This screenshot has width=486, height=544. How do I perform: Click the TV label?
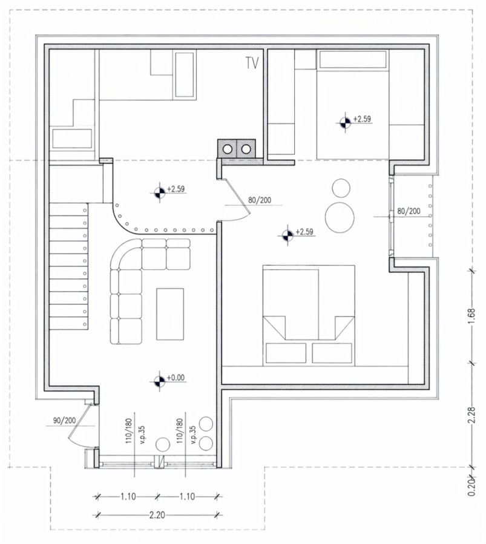[x=252, y=63]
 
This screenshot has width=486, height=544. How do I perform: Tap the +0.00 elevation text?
[x=176, y=378]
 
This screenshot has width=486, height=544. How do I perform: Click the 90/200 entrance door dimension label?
[x=65, y=421]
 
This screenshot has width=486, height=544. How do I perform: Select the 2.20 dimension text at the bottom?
[x=157, y=515]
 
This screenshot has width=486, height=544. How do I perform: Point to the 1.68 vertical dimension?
[x=471, y=316]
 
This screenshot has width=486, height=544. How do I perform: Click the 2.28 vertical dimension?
[x=471, y=415]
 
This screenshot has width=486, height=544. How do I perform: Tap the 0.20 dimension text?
[x=471, y=488]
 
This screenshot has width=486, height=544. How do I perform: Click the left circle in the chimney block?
[x=228, y=149]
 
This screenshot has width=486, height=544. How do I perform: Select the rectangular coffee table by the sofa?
[x=170, y=314]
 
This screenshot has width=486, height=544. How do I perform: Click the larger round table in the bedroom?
[x=340, y=217]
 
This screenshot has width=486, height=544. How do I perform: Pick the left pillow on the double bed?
[x=286, y=353]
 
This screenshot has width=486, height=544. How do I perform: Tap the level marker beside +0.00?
[x=160, y=381]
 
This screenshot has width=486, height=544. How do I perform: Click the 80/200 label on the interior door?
[x=260, y=200]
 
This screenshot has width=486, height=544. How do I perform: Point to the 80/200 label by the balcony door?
[x=409, y=211]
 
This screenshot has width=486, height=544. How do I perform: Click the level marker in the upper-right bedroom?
[x=345, y=122]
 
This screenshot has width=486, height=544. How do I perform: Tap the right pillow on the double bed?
[x=332, y=353]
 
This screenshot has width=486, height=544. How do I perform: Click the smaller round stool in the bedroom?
[x=341, y=188]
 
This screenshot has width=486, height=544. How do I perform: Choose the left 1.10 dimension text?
[x=128, y=496]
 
